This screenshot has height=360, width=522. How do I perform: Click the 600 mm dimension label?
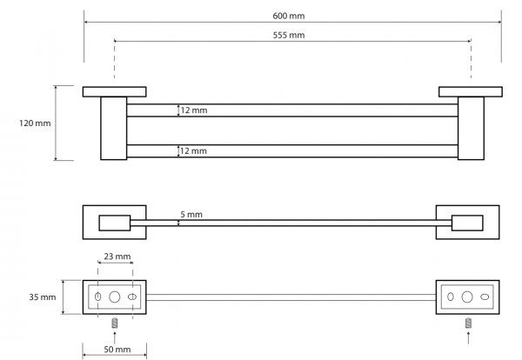pyautogui.click(x=288, y=16)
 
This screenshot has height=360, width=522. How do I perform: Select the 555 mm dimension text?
pyautogui.click(x=289, y=35)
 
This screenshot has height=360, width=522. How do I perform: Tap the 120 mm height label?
pyautogui.click(x=35, y=123)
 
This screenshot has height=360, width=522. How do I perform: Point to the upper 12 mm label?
pyautogui.click(x=194, y=110)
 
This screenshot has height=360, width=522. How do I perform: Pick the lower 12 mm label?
pyautogui.click(x=194, y=150)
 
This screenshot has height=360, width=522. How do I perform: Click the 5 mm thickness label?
pyautogui.click(x=191, y=214)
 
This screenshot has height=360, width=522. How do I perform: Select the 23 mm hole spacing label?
pyautogui.click(x=117, y=257)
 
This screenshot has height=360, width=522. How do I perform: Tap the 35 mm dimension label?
pyautogui.click(x=43, y=297)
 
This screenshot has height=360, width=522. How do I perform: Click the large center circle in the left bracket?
pyautogui.click(x=115, y=297)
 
